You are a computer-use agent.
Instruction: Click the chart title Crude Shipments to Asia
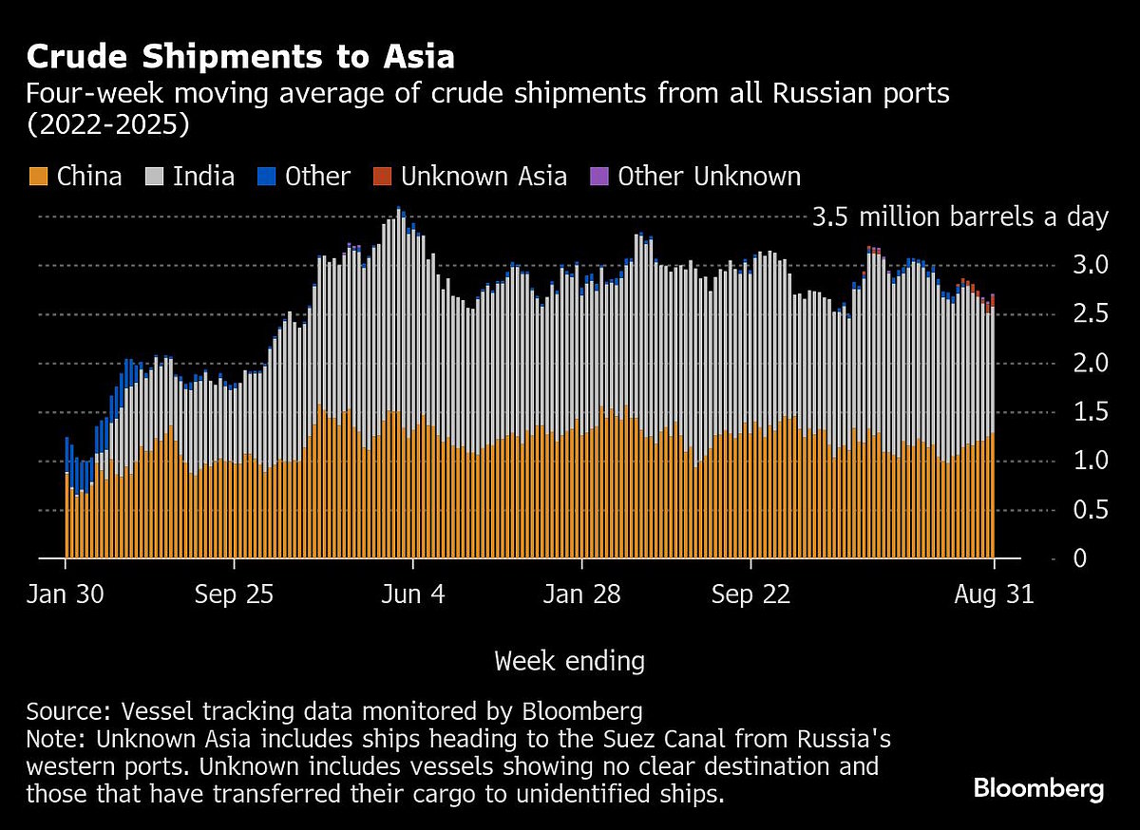pos(240,57)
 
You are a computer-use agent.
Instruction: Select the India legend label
pos(203,177)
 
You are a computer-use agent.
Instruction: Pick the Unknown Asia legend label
pos(484,177)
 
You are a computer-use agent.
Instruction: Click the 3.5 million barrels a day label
pos(960,217)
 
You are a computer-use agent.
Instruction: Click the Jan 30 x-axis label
pos(66,595)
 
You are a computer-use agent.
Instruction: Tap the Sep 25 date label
pos(234,595)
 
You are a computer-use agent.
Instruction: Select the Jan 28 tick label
pos(582,595)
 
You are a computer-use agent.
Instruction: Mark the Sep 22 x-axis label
pos(750,595)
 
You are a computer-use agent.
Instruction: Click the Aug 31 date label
pos(994,595)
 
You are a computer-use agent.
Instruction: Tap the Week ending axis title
pos(569,661)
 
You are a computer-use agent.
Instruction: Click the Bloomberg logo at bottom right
pos(1038,788)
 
